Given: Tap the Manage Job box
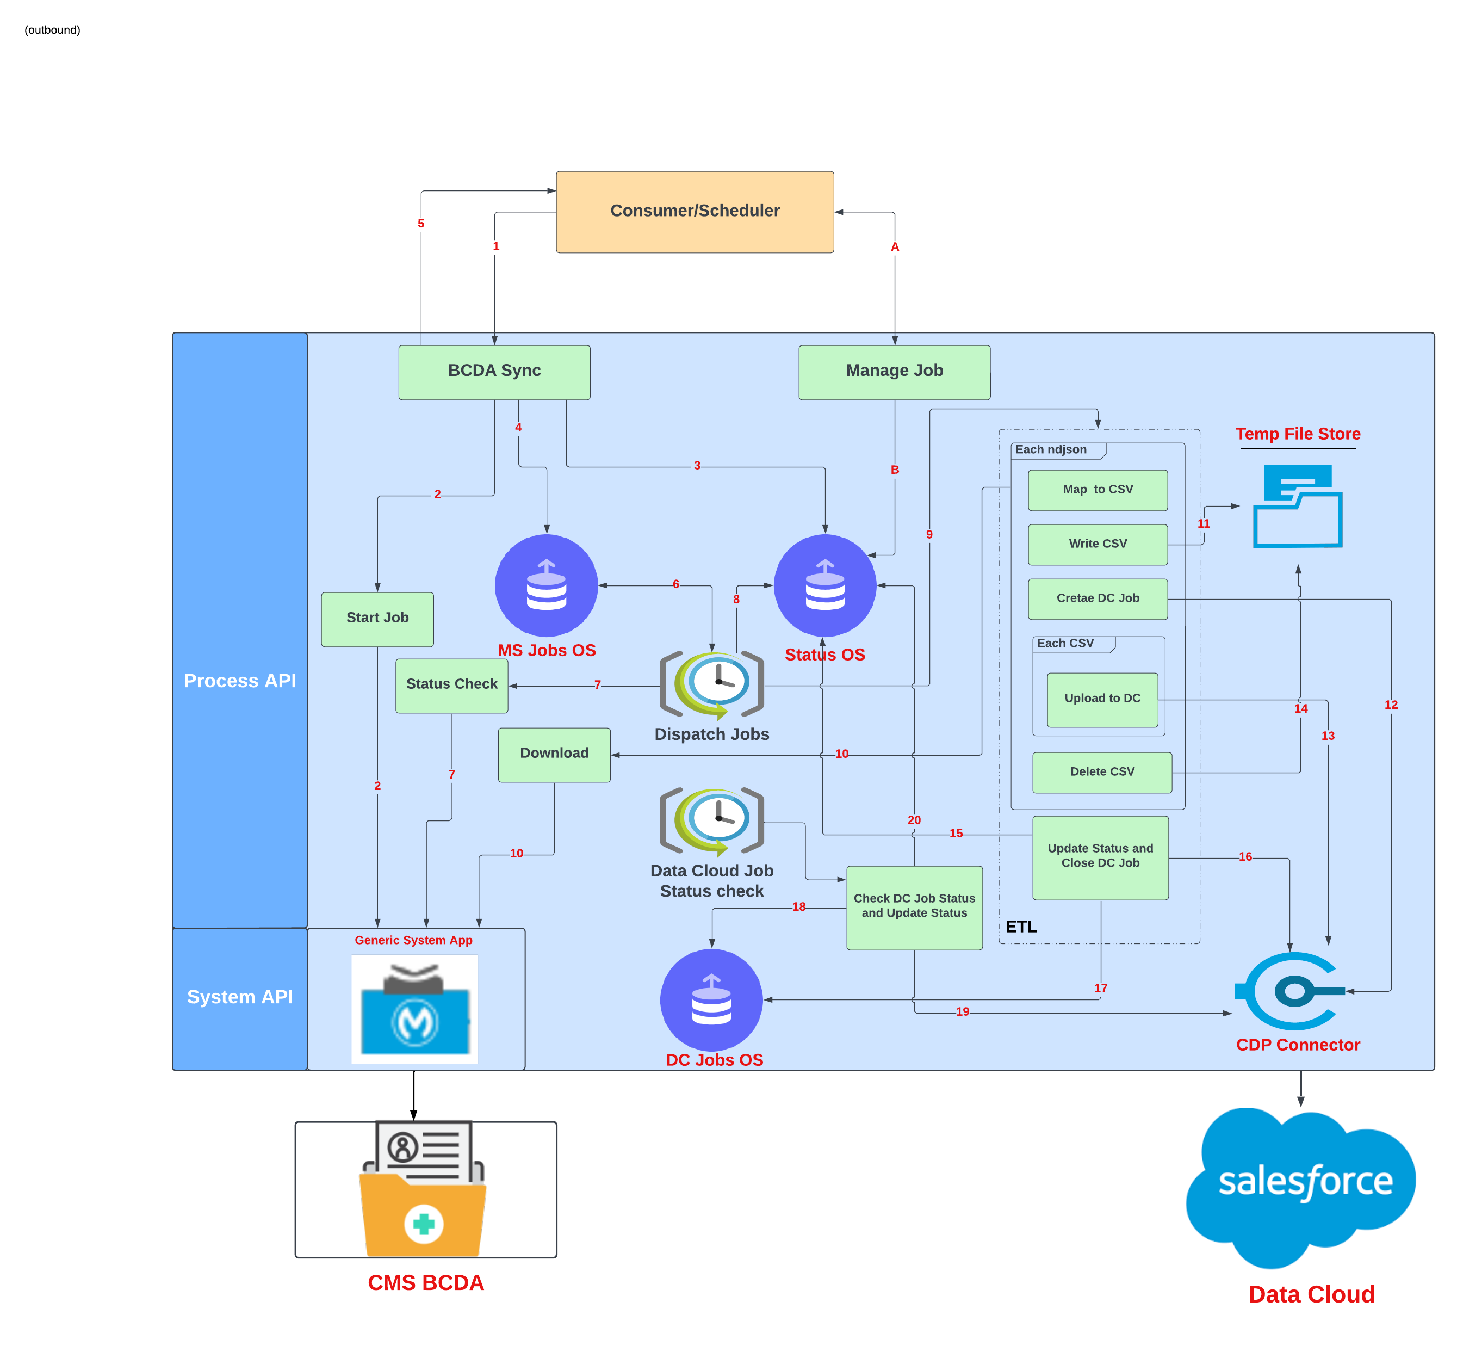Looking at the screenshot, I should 894,372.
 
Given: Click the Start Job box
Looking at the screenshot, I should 377,618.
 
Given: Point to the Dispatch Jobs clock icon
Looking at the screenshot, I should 712,683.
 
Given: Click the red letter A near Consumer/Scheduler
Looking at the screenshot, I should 894,247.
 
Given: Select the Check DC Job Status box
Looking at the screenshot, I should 913,906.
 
